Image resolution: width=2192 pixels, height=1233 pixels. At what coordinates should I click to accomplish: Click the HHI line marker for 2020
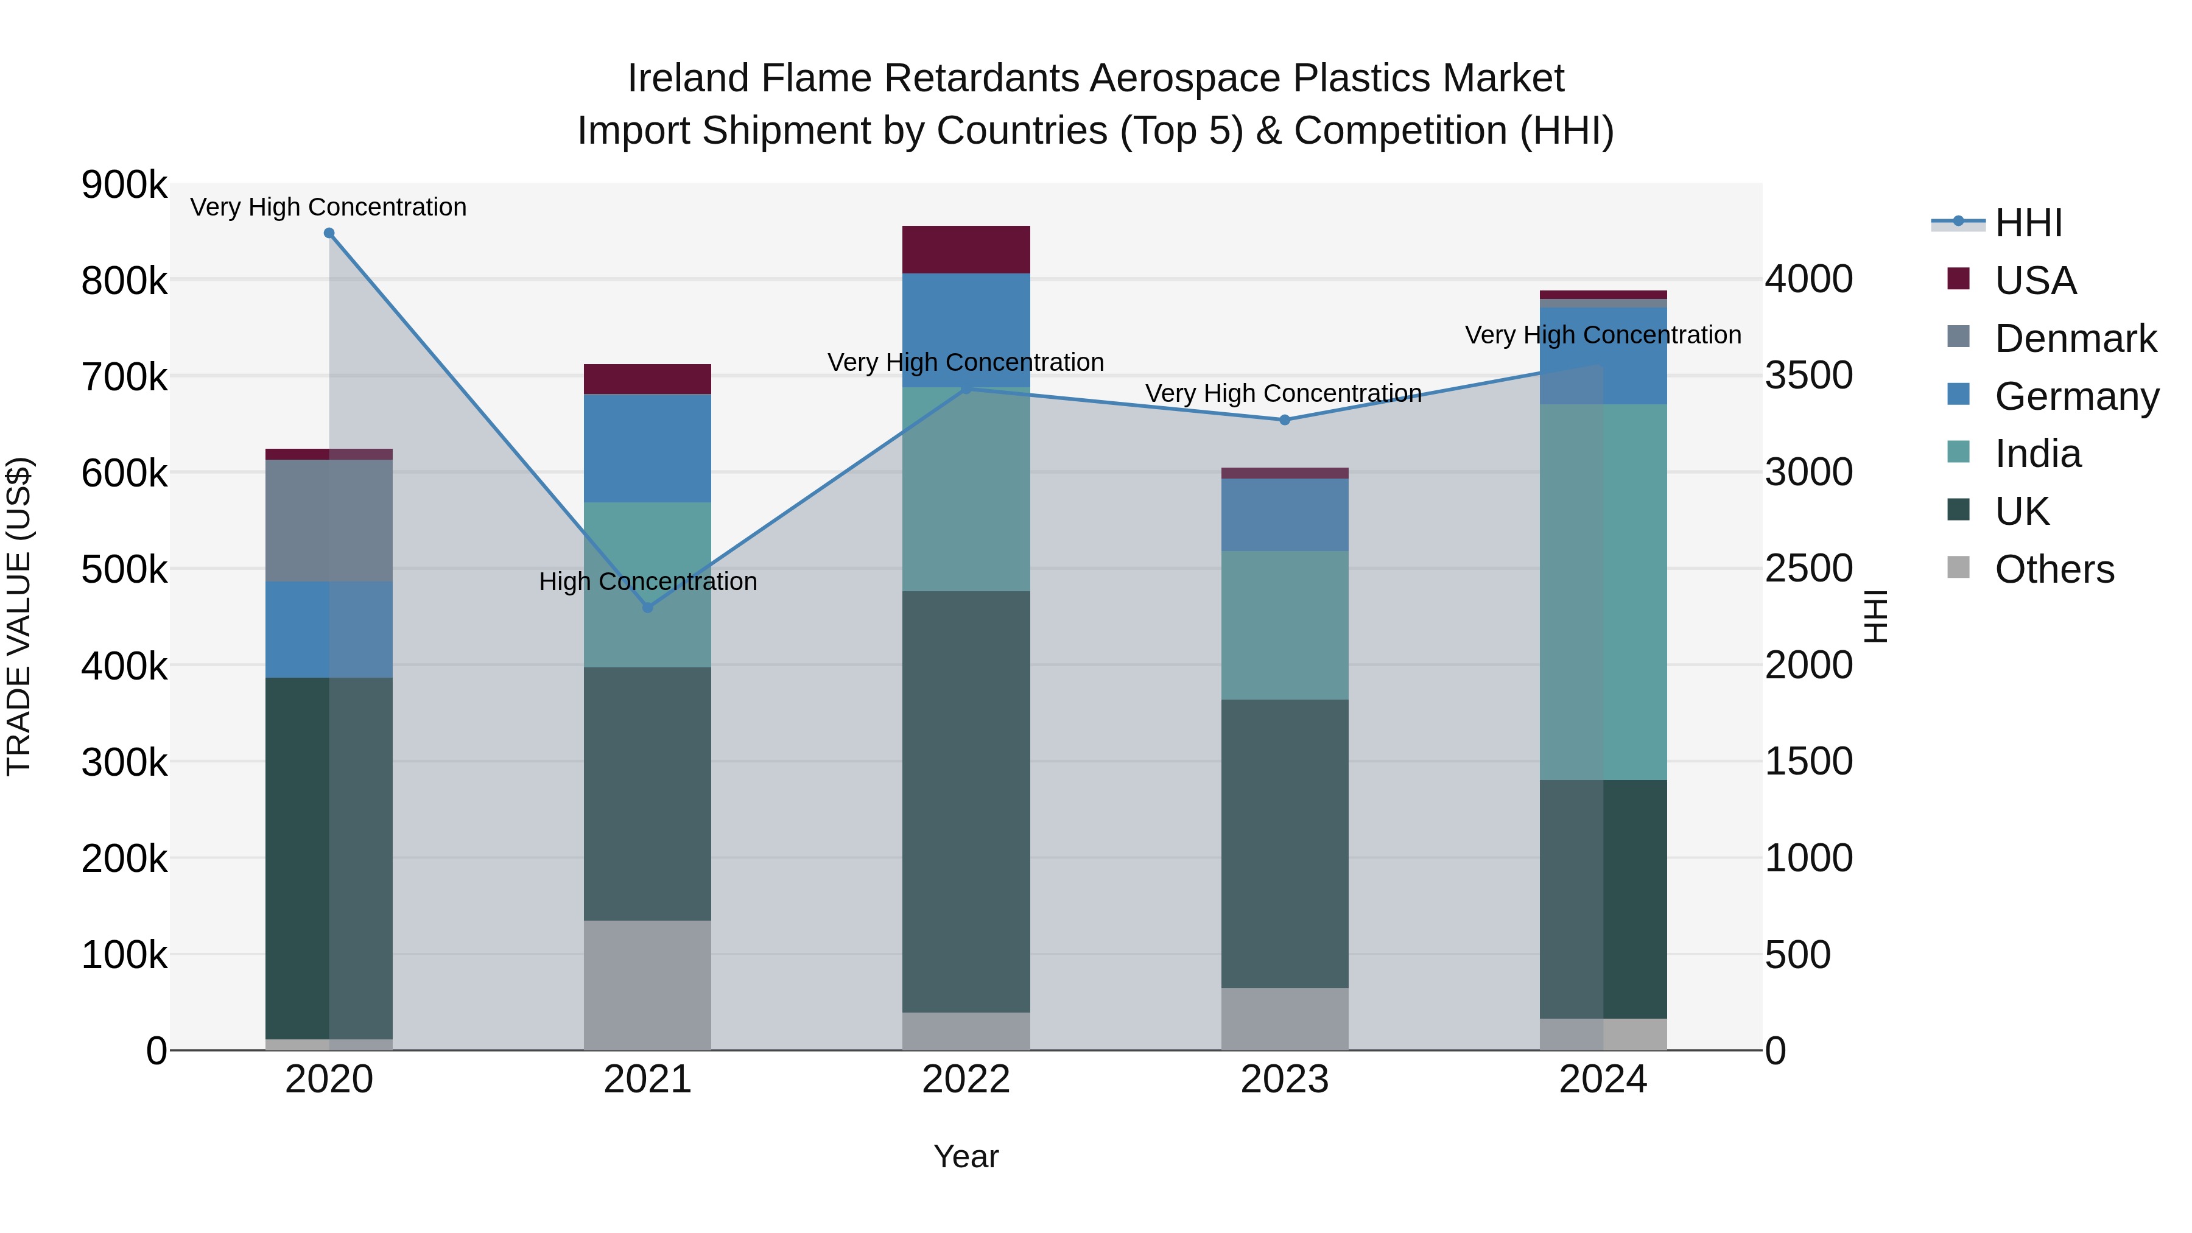(x=329, y=233)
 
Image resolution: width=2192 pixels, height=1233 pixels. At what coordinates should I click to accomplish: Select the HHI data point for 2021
(x=648, y=608)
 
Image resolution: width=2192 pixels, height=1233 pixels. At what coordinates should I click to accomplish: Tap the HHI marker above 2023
(x=1285, y=420)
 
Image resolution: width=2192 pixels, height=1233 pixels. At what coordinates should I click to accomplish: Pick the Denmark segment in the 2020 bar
(x=329, y=520)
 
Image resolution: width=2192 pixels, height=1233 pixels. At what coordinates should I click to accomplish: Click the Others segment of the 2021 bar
(x=648, y=985)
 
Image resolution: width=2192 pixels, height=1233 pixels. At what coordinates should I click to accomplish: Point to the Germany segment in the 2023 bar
(x=1285, y=514)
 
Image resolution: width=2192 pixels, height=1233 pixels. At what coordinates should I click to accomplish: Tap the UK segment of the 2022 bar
(x=966, y=801)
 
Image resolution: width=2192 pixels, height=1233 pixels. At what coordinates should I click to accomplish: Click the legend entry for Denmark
(x=2074, y=339)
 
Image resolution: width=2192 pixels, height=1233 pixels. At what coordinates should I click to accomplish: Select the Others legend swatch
(x=1958, y=567)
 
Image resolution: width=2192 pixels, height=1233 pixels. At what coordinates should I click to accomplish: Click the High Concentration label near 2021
(x=648, y=581)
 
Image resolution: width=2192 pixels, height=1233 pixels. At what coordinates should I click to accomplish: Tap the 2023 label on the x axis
(x=1285, y=1080)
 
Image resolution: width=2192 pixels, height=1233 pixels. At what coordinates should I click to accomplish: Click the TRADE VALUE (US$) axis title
(x=19, y=616)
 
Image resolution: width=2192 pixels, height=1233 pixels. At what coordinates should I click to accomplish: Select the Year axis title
(x=966, y=1156)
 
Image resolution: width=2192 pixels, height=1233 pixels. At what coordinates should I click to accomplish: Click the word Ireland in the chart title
(x=687, y=79)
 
